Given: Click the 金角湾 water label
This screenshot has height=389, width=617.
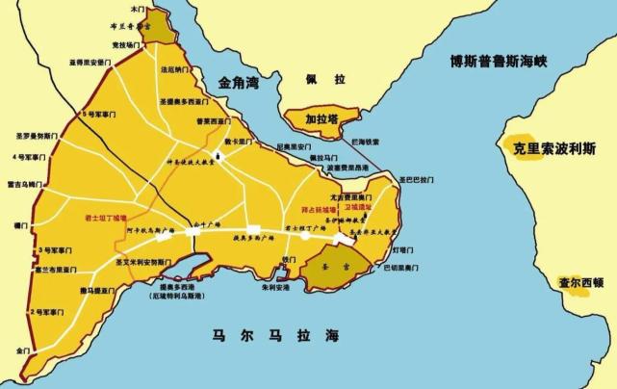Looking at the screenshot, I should click(x=240, y=84).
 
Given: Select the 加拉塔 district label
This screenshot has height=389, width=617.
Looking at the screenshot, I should click(x=321, y=120).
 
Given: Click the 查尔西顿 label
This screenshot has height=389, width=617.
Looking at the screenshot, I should click(x=580, y=283).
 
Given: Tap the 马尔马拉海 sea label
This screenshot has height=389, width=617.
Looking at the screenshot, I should click(x=276, y=335).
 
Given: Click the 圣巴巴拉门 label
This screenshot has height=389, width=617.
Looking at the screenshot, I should click(x=418, y=179).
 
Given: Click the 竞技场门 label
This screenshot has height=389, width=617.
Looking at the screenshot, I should click(x=125, y=44).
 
